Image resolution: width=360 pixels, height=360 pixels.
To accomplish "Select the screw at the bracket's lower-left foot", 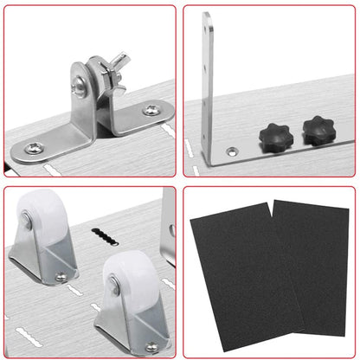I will [x=34, y=149].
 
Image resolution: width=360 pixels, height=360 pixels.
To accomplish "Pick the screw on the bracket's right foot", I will [x=151, y=110].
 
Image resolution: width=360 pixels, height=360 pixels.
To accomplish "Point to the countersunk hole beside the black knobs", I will [x=232, y=151].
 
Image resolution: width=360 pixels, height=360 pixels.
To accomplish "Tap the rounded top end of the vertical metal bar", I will [x=207, y=17].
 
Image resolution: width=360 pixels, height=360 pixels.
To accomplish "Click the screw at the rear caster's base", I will [x=60, y=278].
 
